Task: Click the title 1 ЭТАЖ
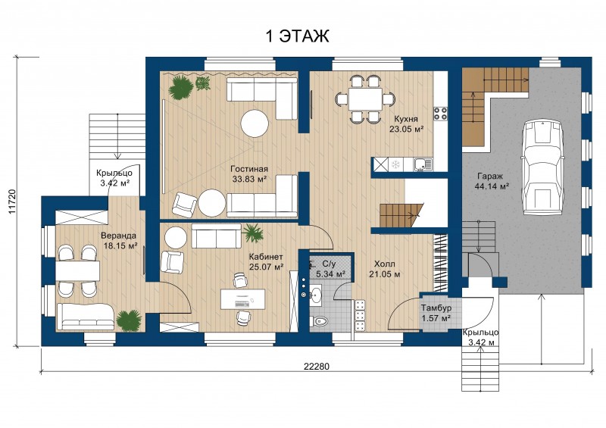point(297,36)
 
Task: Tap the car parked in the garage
point(541,167)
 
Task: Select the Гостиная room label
point(249,170)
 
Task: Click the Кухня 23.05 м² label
point(406,124)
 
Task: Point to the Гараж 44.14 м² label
point(491,181)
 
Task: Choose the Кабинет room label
point(266,257)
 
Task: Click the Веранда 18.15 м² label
point(119,240)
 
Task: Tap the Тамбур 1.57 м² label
point(436,313)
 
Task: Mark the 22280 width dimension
point(317,366)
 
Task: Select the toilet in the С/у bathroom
point(319,321)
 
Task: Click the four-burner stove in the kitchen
point(440,114)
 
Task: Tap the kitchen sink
point(423,164)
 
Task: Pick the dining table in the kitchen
point(365,99)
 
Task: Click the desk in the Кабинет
point(242,299)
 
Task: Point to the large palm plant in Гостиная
point(180,87)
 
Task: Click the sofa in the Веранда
point(86,317)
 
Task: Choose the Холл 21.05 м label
point(386,269)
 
